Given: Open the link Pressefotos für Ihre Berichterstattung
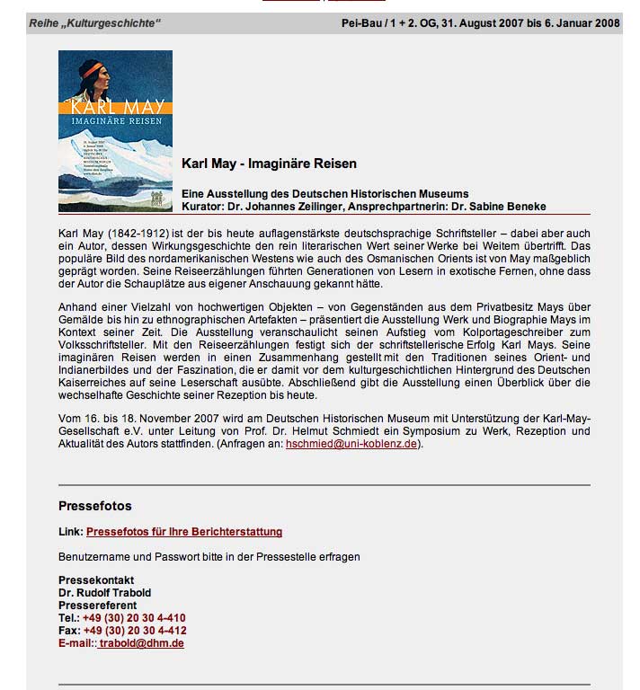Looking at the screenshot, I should point(184,532).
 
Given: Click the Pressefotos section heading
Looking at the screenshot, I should point(95,506).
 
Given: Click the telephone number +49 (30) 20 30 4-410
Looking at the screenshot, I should point(134,618).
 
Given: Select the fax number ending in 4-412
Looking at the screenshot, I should point(134,631).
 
